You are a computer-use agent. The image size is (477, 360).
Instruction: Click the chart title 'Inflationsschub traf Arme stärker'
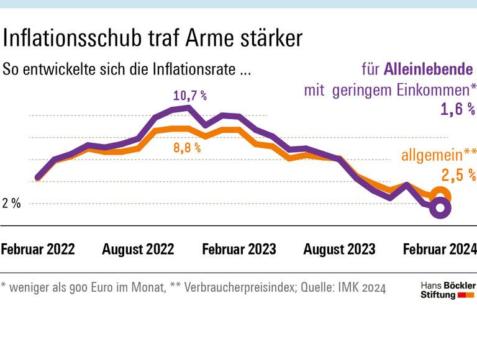[x=152, y=38]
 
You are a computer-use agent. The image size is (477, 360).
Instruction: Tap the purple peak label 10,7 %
[x=190, y=96]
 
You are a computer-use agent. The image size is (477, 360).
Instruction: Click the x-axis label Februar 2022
[x=38, y=250]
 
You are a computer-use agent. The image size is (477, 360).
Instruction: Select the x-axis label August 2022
[x=138, y=250]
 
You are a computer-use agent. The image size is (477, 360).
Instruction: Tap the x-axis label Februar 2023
[x=239, y=250]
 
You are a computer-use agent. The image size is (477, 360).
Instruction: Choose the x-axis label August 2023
[x=339, y=250]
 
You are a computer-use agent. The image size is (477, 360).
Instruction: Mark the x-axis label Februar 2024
[x=440, y=250]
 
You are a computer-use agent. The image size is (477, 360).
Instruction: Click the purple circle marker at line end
[x=440, y=208]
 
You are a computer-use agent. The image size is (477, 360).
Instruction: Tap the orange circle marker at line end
[x=440, y=195]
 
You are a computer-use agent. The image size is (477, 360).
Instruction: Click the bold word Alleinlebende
[x=429, y=69]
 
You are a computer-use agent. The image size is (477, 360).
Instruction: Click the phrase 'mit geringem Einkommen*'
[x=389, y=89]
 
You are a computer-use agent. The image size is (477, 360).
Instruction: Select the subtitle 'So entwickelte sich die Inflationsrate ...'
[x=127, y=69]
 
